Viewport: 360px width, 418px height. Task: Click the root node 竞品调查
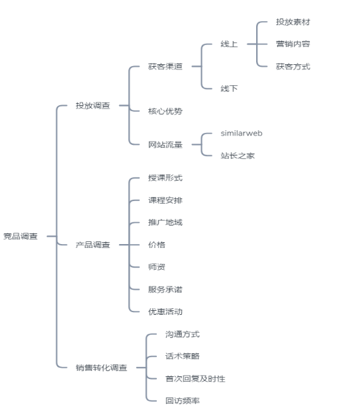tap(21, 236)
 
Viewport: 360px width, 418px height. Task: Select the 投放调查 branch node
tap(93, 106)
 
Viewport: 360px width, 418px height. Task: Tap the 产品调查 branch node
tap(93, 245)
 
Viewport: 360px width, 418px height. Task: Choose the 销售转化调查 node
tap(101, 368)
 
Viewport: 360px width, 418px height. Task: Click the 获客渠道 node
tap(165, 66)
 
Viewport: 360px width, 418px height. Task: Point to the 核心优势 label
tap(165, 111)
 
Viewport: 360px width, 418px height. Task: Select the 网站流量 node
tap(165, 144)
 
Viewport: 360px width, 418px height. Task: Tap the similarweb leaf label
tap(242, 134)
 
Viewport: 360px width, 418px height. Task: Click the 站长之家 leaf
tap(238, 155)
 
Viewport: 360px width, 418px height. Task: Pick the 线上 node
tap(229, 44)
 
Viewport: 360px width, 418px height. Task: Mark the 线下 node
tap(229, 88)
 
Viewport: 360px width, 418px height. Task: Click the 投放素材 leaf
tap(293, 22)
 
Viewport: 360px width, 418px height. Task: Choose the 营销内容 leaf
tap(293, 44)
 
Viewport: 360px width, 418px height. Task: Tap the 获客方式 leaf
tap(293, 66)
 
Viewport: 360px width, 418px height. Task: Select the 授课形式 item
tap(165, 178)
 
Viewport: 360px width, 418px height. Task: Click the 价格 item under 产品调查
tap(157, 245)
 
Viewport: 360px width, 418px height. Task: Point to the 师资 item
tap(157, 267)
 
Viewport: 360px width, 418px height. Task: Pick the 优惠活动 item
tap(165, 312)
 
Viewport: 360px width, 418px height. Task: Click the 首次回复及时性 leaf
tap(195, 378)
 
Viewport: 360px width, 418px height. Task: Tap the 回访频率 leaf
tap(183, 400)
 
